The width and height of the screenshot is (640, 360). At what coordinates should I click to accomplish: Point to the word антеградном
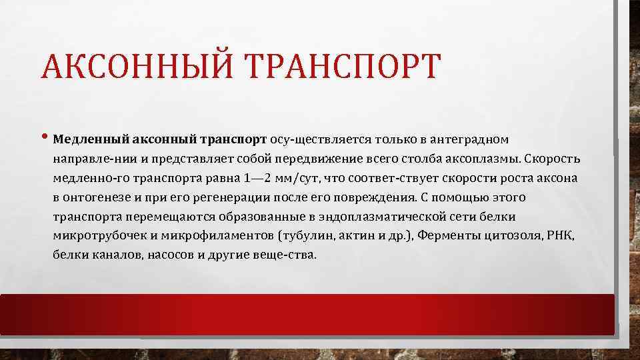coord(470,140)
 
